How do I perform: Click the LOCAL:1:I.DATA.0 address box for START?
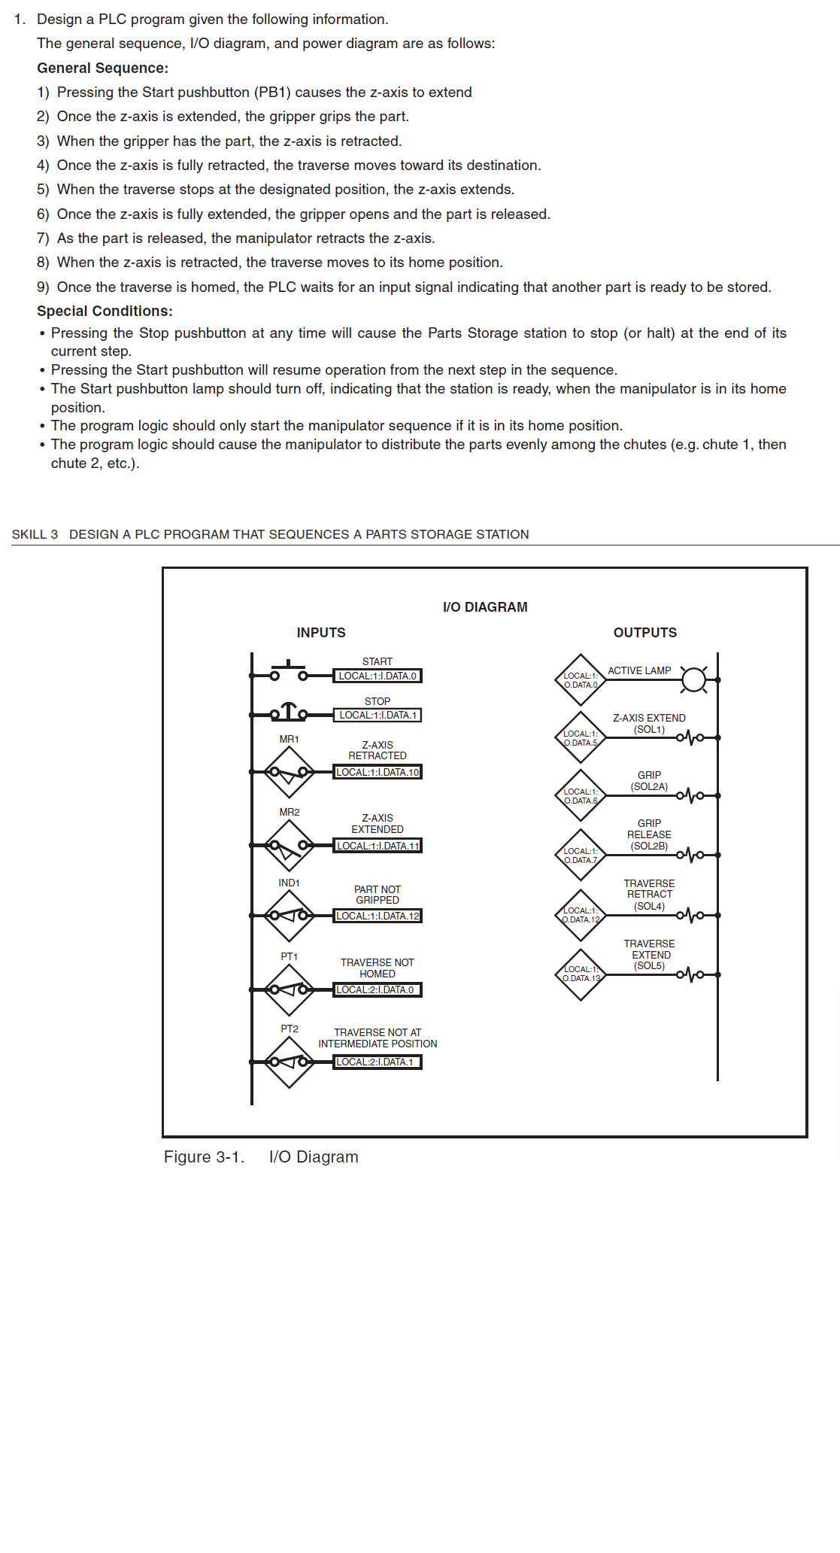click(377, 676)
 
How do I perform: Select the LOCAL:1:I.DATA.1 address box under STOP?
click(377, 715)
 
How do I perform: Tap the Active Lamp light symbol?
click(693, 679)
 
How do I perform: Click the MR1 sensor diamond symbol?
click(289, 772)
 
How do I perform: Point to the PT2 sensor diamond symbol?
click(289, 1062)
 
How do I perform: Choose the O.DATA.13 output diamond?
click(581, 974)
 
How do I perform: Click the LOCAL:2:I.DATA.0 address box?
click(377, 989)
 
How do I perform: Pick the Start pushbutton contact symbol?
click(289, 671)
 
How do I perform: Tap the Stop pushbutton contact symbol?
click(289, 712)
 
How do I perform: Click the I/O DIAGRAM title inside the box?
click(485, 607)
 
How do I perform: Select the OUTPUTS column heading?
click(644, 633)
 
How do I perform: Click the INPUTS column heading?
click(321, 633)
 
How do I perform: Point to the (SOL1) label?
click(649, 729)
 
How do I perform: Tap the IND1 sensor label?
click(289, 883)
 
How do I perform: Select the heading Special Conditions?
click(105, 312)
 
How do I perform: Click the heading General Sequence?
click(102, 68)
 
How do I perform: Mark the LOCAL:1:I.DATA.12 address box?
click(377, 916)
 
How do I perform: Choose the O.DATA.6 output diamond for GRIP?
click(581, 795)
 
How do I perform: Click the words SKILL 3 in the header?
click(35, 534)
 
